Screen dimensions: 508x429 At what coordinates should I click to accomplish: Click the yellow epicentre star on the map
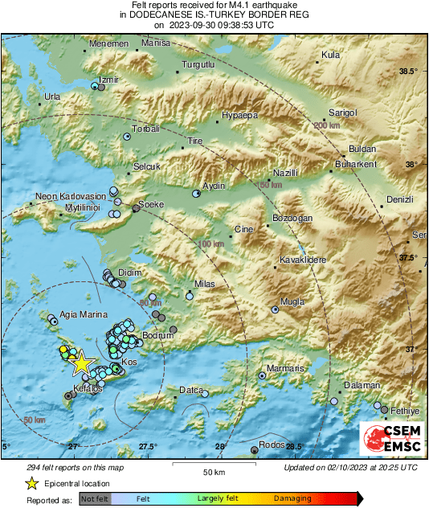pos(81,363)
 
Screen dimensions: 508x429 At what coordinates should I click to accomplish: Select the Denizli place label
pos(399,199)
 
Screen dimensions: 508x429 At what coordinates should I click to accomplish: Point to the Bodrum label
pos(157,334)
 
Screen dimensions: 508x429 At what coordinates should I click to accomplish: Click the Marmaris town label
pos(287,368)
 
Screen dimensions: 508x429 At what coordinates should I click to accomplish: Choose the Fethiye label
pos(405,411)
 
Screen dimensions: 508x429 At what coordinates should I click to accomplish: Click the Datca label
pos(190,390)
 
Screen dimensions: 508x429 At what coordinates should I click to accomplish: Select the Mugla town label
pos(291,301)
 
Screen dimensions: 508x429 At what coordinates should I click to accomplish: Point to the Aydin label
pos(213,186)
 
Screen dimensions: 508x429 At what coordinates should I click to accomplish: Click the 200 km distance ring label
pos(327,126)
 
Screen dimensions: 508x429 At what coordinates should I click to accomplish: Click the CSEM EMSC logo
pos(389,440)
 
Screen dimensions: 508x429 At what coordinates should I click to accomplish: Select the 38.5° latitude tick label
pos(408,72)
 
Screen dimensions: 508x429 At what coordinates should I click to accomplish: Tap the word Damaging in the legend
pos(292,499)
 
